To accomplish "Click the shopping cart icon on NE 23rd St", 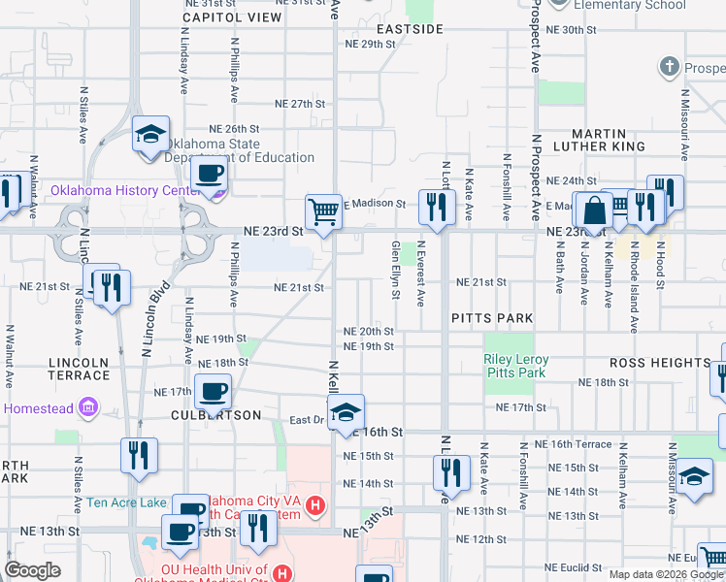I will click(x=323, y=210).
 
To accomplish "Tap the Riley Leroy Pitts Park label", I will click(x=516, y=366).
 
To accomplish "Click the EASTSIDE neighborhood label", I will click(x=410, y=29).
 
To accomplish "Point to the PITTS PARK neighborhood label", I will click(x=492, y=318).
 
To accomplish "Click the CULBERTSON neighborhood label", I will click(x=215, y=415).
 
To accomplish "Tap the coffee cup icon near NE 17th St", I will click(x=213, y=392).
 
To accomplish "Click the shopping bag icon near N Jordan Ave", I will click(x=590, y=210).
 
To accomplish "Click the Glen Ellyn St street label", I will click(x=396, y=271).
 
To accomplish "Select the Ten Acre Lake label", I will click(x=126, y=502).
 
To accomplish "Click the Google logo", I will click(x=32, y=570).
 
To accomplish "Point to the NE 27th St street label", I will click(x=299, y=104).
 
